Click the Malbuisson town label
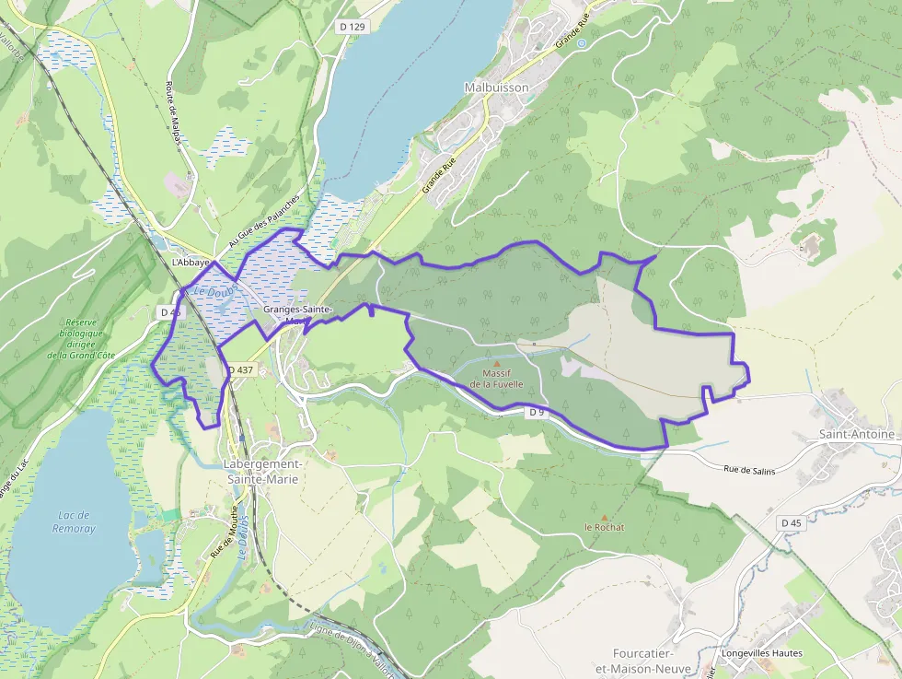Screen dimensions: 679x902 click(x=497, y=88)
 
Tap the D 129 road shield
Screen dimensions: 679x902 click(x=352, y=27)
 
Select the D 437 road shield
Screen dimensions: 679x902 click(x=239, y=369)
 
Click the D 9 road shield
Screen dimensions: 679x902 click(x=538, y=412)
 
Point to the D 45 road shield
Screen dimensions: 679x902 click(x=792, y=522)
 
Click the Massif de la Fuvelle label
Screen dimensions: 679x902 click(x=497, y=378)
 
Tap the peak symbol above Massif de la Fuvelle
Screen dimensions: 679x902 click(x=498, y=364)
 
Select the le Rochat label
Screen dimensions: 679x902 click(x=604, y=528)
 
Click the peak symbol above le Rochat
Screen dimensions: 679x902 click(x=604, y=517)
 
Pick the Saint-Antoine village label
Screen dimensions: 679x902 click(x=856, y=434)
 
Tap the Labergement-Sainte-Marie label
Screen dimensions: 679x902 click(x=262, y=471)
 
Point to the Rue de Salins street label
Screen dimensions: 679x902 click(x=749, y=471)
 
